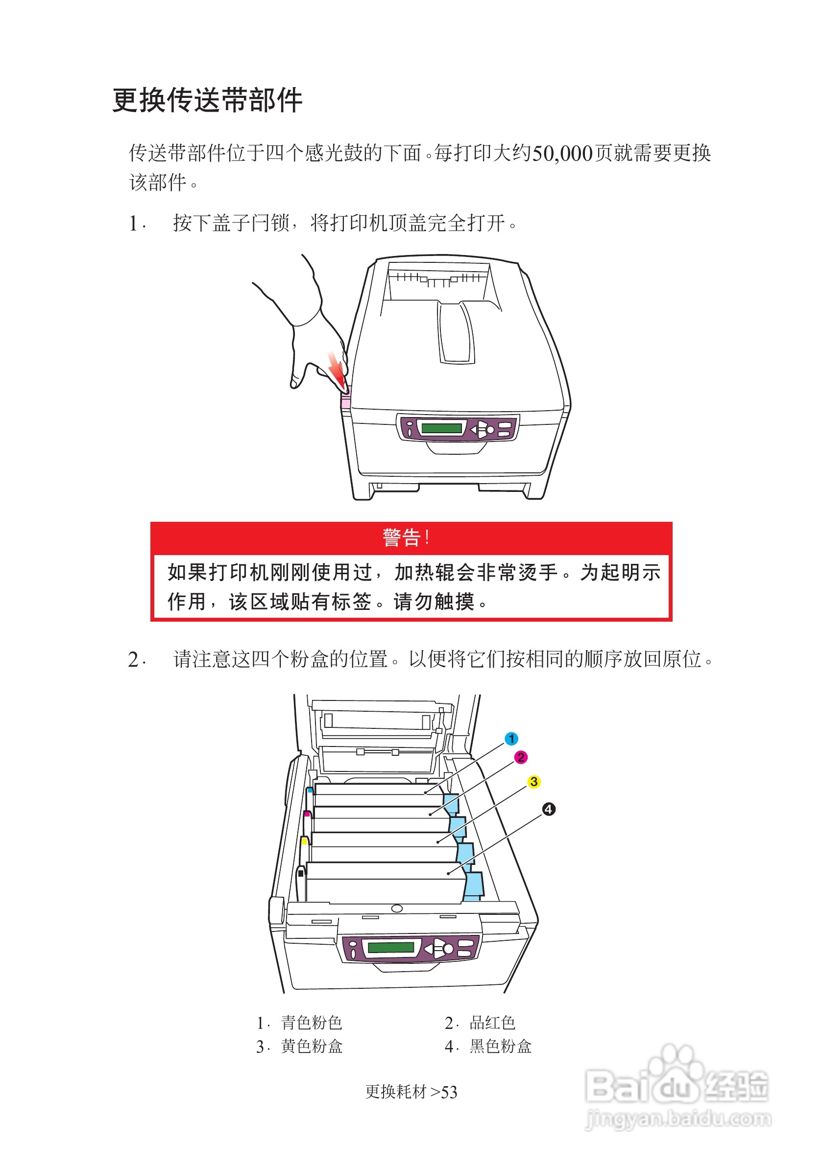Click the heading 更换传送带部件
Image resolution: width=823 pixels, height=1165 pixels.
click(x=207, y=100)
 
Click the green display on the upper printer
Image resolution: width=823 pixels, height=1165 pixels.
click(x=441, y=428)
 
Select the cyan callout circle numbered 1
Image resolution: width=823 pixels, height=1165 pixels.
click(x=511, y=739)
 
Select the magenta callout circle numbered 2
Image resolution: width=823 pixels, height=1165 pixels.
click(x=520, y=758)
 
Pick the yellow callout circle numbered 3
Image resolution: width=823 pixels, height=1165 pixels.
click(x=533, y=782)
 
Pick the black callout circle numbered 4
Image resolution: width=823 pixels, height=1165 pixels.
click(x=548, y=809)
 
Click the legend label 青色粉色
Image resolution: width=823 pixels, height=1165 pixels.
click(x=311, y=1023)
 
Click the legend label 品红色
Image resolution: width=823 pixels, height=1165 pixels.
click(x=492, y=1023)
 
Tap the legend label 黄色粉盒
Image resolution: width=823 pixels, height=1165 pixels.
click(x=311, y=1046)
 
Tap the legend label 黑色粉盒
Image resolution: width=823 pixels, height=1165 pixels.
click(x=500, y=1046)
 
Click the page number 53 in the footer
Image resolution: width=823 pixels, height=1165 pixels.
click(x=449, y=1092)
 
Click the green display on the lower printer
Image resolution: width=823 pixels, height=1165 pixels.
click(x=391, y=947)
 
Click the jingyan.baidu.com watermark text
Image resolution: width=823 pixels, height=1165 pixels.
click(x=678, y=1118)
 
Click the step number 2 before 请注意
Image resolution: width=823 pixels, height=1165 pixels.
click(x=134, y=660)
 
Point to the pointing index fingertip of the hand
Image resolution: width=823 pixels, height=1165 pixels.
click(x=294, y=384)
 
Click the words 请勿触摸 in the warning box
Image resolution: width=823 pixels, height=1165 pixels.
click(x=434, y=602)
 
